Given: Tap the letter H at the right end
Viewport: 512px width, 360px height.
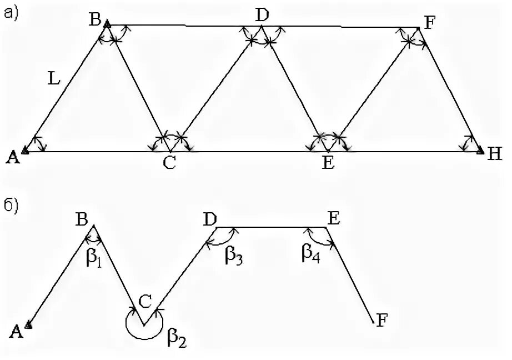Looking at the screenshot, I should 495,154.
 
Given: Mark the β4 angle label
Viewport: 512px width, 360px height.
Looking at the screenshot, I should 310,254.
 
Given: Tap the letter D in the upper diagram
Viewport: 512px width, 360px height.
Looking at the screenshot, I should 262,16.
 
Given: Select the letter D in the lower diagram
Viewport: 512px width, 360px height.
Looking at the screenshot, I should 209,220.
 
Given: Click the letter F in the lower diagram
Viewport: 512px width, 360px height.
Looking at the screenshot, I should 382,320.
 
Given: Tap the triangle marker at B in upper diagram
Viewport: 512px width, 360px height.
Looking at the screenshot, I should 108,24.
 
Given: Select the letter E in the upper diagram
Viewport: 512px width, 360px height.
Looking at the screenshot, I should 329,164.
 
